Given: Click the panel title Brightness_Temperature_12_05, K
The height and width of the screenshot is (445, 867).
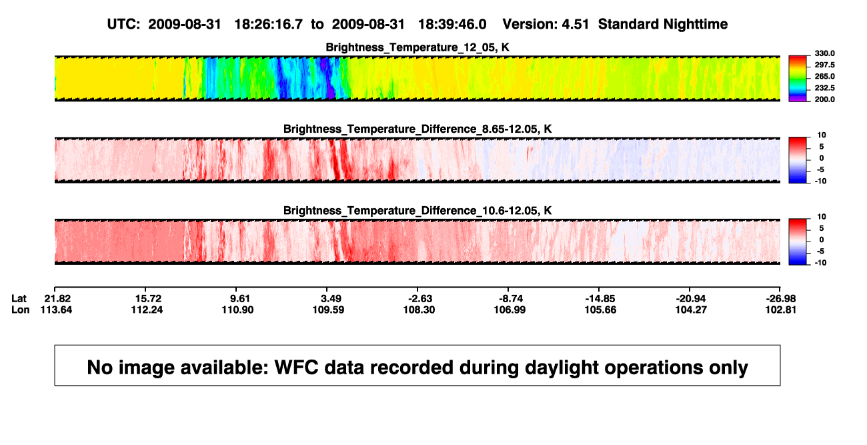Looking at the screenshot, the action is tap(417, 47).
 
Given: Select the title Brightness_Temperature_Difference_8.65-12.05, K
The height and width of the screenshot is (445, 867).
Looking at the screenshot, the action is tap(417, 129).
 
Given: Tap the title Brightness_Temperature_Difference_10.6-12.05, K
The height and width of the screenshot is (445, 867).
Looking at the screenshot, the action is tap(417, 211).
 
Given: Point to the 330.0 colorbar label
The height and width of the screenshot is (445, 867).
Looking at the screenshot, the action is tap(824, 53).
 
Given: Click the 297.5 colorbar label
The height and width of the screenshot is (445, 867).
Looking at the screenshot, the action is tap(824, 65).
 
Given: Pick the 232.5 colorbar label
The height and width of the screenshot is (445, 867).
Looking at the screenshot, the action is tap(824, 88).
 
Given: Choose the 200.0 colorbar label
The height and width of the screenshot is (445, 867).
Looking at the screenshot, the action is tap(824, 99).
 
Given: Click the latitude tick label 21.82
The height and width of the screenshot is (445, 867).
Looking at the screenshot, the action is tap(57, 299).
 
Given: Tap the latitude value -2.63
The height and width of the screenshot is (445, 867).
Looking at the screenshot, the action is tap(420, 299).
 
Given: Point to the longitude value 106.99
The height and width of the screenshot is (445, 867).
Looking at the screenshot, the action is tap(510, 310).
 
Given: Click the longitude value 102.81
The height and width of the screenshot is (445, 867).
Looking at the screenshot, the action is tap(780, 310).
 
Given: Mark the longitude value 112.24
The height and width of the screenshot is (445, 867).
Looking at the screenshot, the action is tap(147, 310).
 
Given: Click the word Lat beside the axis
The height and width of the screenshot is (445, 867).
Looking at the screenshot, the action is tap(19, 299).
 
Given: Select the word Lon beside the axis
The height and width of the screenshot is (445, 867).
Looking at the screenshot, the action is tap(20, 310).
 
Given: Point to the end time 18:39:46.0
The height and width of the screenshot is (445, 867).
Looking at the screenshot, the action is tap(452, 24).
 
